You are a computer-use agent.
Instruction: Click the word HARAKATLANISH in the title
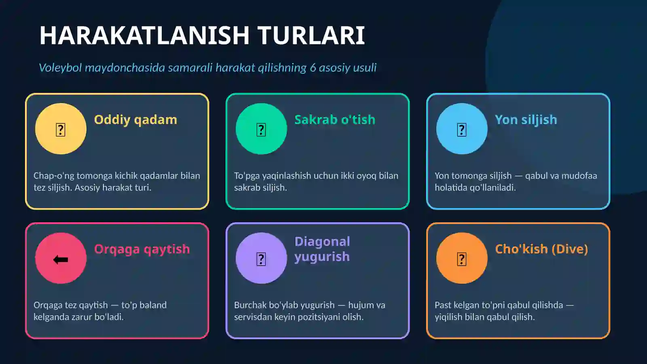pyautogui.click(x=144, y=36)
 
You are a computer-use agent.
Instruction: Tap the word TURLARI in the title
pyautogui.click(x=311, y=36)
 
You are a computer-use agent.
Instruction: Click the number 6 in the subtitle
pyautogui.click(x=313, y=68)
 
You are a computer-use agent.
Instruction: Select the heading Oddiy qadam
pyautogui.click(x=135, y=120)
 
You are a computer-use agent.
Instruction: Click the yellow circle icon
pyautogui.click(x=61, y=129)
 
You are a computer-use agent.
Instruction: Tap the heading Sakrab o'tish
pyautogui.click(x=335, y=120)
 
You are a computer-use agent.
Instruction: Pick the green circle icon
pyautogui.click(x=261, y=129)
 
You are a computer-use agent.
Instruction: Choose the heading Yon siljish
pyautogui.click(x=526, y=120)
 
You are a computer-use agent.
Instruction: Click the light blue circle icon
pyautogui.click(x=462, y=129)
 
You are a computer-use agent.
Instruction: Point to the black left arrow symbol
pyautogui.click(x=61, y=260)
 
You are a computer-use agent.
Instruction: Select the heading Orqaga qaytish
pyautogui.click(x=142, y=249)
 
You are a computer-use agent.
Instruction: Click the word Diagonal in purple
pyautogui.click(x=322, y=241)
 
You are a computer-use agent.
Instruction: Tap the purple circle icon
pyautogui.click(x=261, y=258)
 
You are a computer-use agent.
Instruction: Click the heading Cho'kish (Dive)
pyautogui.click(x=541, y=249)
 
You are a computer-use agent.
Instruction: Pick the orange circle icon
pyautogui.click(x=462, y=258)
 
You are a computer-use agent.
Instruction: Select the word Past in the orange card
pyautogui.click(x=443, y=305)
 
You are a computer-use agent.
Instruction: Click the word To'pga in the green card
pyautogui.click(x=247, y=176)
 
